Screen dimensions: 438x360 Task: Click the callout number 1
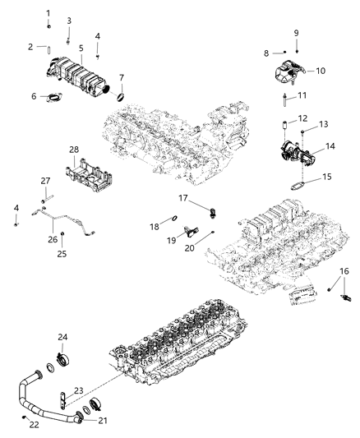48,13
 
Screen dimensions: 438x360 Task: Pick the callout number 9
297,33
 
